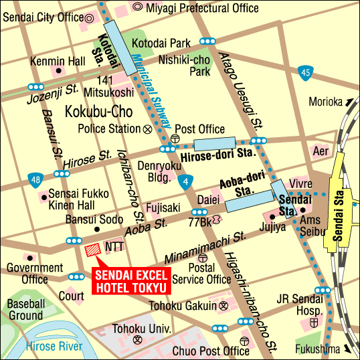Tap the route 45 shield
pos(306,72)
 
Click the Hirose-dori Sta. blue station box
pos(215,144)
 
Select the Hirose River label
pos(54,346)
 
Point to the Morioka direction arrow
pos(348,102)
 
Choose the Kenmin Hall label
pos(58,60)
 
